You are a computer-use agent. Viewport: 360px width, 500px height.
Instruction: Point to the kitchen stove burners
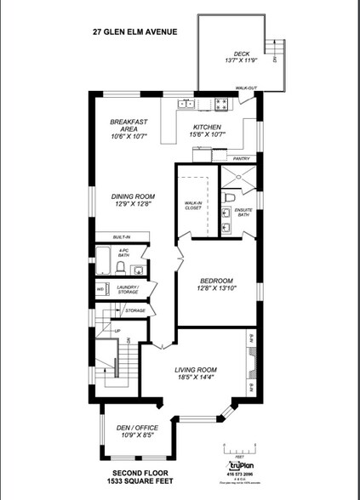coord(222,105)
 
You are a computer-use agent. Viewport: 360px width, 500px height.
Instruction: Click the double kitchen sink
coord(186,105)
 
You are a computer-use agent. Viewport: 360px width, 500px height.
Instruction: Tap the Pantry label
coord(240,158)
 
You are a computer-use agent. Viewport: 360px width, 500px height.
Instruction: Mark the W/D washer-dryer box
coord(100,290)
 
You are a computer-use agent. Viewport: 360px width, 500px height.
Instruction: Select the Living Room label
coord(196,370)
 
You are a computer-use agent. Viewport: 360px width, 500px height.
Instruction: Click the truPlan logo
coord(237,467)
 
